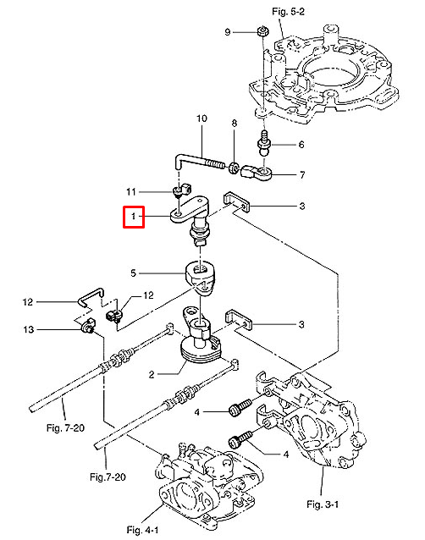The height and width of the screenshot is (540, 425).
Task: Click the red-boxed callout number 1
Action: click(133, 217)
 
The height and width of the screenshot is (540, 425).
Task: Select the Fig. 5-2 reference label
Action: click(288, 12)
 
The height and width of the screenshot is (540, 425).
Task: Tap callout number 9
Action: click(227, 32)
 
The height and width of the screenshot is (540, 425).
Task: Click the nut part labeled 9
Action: click(262, 31)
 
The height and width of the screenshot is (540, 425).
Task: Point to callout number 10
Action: click(201, 118)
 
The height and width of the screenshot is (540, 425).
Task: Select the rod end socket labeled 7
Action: click(257, 173)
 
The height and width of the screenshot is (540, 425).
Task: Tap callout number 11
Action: click(131, 191)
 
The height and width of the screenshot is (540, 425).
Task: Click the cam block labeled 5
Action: click(200, 278)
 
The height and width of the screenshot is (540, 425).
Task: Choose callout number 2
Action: click(152, 374)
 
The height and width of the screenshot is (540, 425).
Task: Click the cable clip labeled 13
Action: click(88, 325)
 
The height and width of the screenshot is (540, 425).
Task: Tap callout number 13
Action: click(29, 329)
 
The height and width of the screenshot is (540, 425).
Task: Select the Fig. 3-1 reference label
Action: click(323, 504)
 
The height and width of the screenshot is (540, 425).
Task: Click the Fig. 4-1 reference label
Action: click(142, 530)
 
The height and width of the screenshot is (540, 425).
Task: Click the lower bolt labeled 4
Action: click(240, 440)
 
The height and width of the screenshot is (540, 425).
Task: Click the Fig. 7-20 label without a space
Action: click(108, 477)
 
